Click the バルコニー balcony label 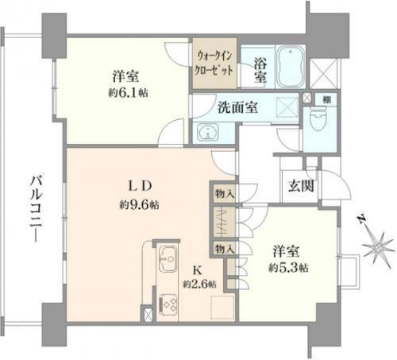(x=35, y=208)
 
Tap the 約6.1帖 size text (x=128, y=93)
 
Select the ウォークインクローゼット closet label (x=214, y=64)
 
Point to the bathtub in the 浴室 (x=291, y=67)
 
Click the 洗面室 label (x=237, y=107)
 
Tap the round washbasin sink (x=208, y=132)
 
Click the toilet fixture (x=319, y=119)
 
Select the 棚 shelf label (x=326, y=99)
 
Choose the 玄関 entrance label (x=301, y=186)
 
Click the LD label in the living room (x=140, y=186)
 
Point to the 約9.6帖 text (x=139, y=205)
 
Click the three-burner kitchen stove (x=168, y=305)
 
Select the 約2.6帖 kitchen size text (x=199, y=285)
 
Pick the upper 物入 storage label (x=225, y=194)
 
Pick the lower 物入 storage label (x=225, y=249)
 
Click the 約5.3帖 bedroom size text (x=288, y=268)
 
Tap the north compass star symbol (x=379, y=248)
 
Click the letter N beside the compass (x=361, y=219)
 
